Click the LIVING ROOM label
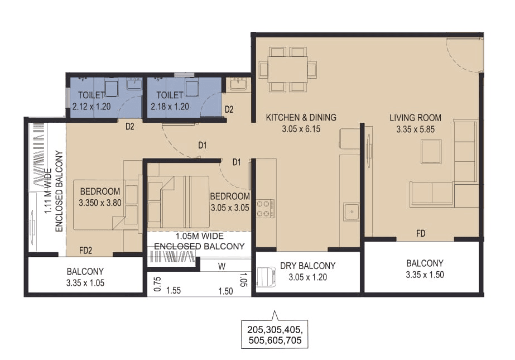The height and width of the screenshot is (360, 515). [x=415, y=118]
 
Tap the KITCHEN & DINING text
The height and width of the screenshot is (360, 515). [x=301, y=118]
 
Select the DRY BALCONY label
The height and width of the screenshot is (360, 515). [x=308, y=266]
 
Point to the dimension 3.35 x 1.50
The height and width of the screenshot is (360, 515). [x=425, y=275]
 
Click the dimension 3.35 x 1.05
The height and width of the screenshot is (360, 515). [x=85, y=283]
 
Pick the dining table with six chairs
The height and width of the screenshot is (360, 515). [x=287, y=69]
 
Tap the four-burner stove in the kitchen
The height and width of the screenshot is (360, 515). [x=264, y=209]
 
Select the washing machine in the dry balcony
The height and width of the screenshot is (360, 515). [x=266, y=277]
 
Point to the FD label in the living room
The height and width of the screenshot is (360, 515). [x=420, y=233]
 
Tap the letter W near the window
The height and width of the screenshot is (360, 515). [x=222, y=266]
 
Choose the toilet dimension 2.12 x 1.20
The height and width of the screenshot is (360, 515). [x=92, y=107]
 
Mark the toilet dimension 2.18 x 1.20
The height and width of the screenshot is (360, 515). [x=170, y=107]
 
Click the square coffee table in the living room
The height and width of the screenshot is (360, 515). [x=431, y=151]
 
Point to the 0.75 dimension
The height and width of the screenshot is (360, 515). [x=157, y=284]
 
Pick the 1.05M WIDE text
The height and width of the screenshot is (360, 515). [x=199, y=236]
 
